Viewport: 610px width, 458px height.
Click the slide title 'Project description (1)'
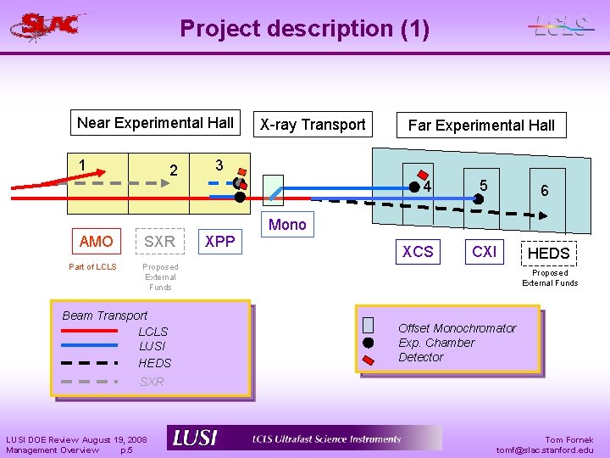coord(304,29)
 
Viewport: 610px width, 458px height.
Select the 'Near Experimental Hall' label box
coord(155,123)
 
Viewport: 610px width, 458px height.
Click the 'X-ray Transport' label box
coord(313,125)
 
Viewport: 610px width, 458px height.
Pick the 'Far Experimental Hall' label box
coord(481,126)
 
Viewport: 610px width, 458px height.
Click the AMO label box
coord(96,242)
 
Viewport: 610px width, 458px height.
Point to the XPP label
coord(219,242)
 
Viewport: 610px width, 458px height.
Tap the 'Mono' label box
coord(287,225)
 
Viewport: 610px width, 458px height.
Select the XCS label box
coord(418,252)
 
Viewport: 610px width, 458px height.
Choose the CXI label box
coord(485,252)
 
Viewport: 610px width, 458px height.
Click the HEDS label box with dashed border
coord(549,254)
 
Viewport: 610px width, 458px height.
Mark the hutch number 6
coord(545,191)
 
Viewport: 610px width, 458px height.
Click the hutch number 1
coord(82,165)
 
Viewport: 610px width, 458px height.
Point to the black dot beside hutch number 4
coord(413,186)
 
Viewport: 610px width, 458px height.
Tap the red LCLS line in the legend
coord(89,331)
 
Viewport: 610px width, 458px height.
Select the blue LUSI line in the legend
coord(89,345)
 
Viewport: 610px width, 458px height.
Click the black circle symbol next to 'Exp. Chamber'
coord(368,343)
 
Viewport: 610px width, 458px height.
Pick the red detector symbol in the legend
coord(368,359)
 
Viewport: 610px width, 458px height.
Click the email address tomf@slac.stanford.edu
coord(545,450)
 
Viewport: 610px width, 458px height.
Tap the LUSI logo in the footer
coord(195,438)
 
